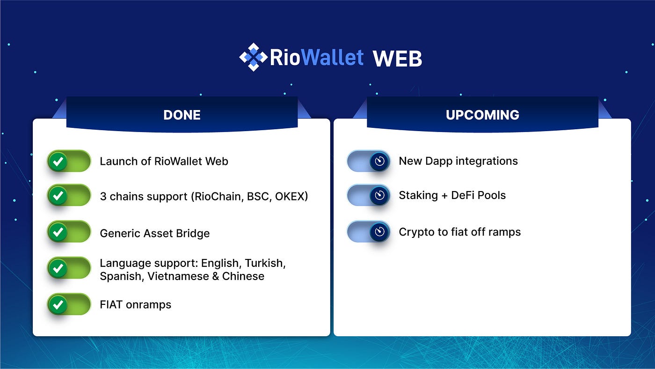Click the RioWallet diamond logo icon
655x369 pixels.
[x=253, y=57]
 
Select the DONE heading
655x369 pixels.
[x=182, y=115]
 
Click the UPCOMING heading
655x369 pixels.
[x=482, y=115]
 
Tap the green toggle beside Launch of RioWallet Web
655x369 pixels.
[x=69, y=161]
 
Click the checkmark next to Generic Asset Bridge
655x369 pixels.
[x=58, y=232]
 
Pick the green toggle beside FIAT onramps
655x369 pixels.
[x=69, y=304]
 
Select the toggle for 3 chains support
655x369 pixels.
[x=69, y=195]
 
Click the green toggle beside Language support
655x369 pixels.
[x=69, y=268]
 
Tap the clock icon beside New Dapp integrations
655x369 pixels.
[x=379, y=161]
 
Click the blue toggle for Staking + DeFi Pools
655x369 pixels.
[x=369, y=195]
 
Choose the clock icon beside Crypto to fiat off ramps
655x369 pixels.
[x=379, y=232]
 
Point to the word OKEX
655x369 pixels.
[x=291, y=196]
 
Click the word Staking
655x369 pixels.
[x=418, y=195]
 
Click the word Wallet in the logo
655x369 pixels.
[x=333, y=57]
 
